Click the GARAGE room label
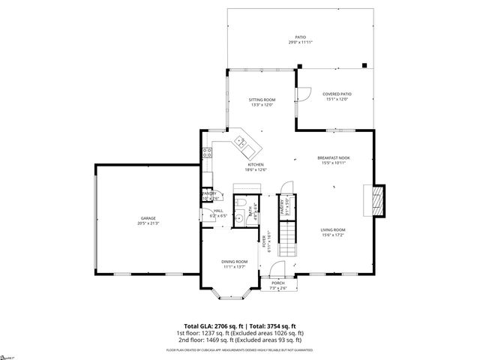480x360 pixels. tap(148, 218)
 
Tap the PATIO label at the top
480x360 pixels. tap(300, 37)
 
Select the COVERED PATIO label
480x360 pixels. tap(337, 94)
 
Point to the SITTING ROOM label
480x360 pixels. tap(262, 100)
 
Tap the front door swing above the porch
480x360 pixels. tap(277, 269)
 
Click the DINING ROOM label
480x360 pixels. tap(234, 261)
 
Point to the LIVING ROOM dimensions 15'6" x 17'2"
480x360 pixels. tap(333, 235)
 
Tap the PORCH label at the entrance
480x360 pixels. tap(277, 283)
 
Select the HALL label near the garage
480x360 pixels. tap(217, 211)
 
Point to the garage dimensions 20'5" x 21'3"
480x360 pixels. tap(148, 223)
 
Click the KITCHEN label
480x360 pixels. tap(256, 165)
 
